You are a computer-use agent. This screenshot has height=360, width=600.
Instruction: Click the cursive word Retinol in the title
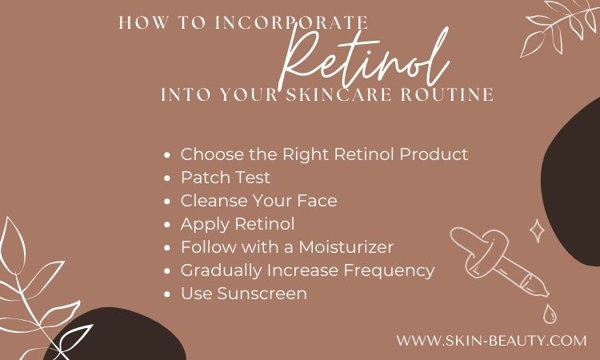coord(364,58)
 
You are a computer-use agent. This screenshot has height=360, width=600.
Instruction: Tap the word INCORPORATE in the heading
coord(291,22)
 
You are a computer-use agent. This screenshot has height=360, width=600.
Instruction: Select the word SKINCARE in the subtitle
coord(339,94)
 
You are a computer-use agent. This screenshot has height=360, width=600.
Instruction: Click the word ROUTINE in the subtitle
coord(447,94)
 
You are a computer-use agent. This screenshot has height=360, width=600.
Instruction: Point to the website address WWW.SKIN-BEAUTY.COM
coord(491,340)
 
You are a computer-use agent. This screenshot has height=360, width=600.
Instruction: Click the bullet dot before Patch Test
coord(167,178)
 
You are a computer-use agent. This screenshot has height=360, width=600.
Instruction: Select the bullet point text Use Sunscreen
coord(244,294)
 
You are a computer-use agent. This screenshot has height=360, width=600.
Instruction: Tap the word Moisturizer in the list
coord(346,246)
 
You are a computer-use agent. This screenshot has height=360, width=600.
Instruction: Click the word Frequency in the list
coord(389,271)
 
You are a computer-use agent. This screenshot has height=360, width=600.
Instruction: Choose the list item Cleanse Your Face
coord(258,201)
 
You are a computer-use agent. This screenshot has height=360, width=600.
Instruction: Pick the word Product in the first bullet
coord(434,154)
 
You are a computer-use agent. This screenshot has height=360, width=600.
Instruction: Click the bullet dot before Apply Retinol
coord(167,225)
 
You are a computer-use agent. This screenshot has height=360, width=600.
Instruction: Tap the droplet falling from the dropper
coord(550,314)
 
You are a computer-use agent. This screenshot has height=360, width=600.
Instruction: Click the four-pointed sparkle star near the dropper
coord(537,230)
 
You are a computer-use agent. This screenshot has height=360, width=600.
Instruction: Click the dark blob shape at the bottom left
coord(114,334)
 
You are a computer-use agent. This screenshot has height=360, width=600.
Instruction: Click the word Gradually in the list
coord(221,271)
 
